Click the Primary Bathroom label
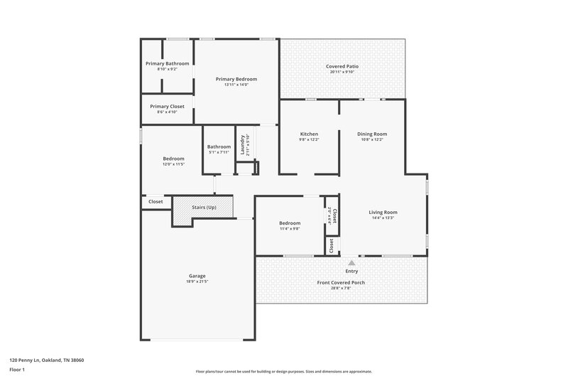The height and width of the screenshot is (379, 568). coord(167,63)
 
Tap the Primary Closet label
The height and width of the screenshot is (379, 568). coord(167,106)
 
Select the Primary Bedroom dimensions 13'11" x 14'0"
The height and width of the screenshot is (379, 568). coord(236,85)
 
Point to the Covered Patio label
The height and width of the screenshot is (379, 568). coord(342,66)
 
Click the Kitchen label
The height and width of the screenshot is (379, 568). coord(309,134)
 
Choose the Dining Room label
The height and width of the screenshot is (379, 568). coord(373,134)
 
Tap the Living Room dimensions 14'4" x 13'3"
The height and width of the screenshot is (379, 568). coord(382,218)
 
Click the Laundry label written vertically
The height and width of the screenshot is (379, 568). coord(243,144)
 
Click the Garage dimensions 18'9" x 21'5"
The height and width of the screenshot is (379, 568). coord(197,282)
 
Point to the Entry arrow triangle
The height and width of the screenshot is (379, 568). coord(351,262)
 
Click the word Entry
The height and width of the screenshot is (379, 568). coord(351,271)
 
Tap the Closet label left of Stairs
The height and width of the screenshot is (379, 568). coord(155,201)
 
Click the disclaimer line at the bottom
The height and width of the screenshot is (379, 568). coord(283,371)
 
